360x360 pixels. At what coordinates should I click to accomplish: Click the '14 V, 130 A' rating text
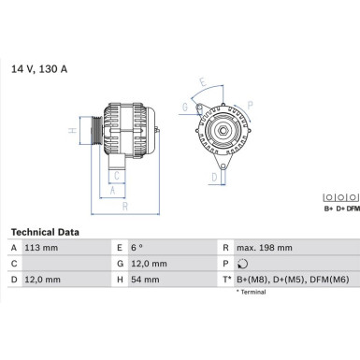click(x=39, y=69)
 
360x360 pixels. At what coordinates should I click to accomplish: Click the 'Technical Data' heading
click(x=44, y=231)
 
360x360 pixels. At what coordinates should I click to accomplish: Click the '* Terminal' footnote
click(x=251, y=292)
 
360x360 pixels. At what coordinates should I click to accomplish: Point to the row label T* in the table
click(x=226, y=279)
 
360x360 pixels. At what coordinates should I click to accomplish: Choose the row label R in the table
click(x=225, y=247)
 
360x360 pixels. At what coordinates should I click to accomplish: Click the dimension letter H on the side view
click(x=73, y=131)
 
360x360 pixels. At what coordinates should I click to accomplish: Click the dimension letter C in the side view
click(x=115, y=174)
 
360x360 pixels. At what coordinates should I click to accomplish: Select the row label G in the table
click(x=121, y=263)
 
